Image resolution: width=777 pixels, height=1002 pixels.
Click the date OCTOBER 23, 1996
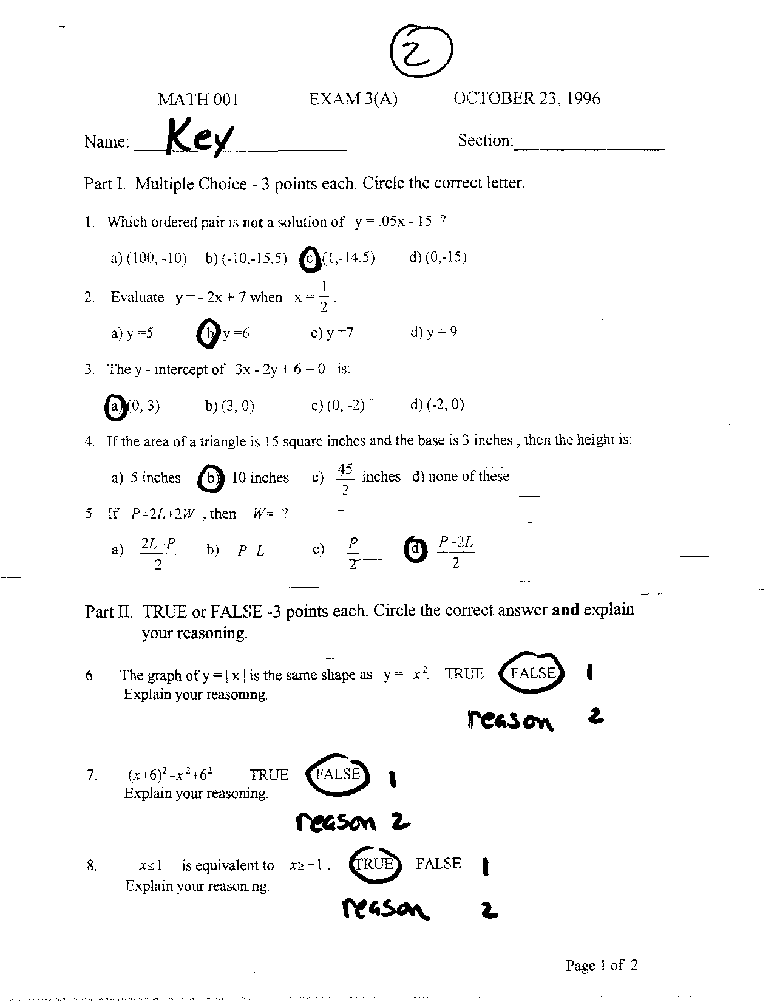pyautogui.click(x=526, y=98)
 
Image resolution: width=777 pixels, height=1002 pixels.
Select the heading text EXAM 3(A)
pyautogui.click(x=353, y=99)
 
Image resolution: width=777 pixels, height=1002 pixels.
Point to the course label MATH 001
pyautogui.click(x=198, y=100)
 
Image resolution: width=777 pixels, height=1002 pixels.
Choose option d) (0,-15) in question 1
pyautogui.click(x=438, y=257)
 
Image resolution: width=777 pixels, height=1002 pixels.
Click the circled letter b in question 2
pyautogui.click(x=209, y=333)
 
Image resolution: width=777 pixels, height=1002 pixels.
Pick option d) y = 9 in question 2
pyautogui.click(x=433, y=332)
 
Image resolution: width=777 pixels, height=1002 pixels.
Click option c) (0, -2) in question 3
pyautogui.click(x=338, y=405)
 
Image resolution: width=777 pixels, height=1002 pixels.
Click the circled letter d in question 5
pyautogui.click(x=415, y=549)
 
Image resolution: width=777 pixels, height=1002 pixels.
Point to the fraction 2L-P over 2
pyautogui.click(x=158, y=553)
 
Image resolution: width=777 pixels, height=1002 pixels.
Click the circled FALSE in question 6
pyautogui.click(x=532, y=673)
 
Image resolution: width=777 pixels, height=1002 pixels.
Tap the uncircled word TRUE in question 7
pyautogui.click(x=269, y=775)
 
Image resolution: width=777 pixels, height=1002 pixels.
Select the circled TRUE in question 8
pyautogui.click(x=375, y=865)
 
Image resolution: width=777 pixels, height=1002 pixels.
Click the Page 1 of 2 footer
pyautogui.click(x=601, y=965)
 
